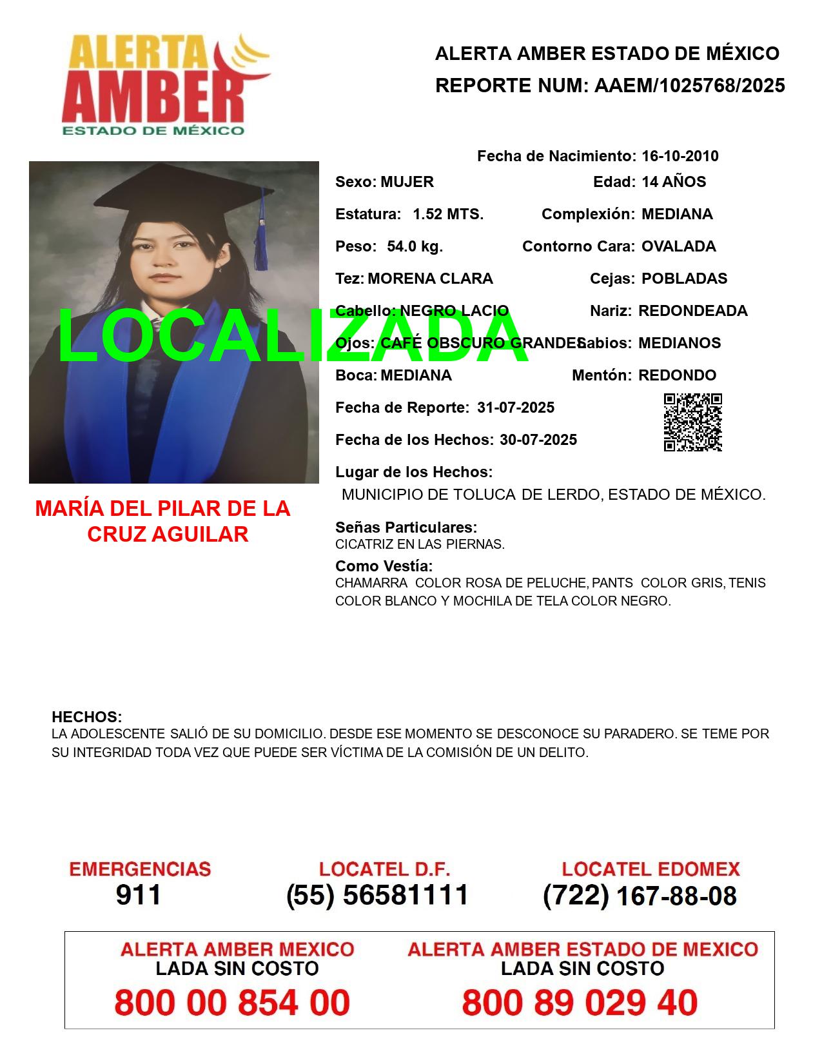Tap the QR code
click(692, 422)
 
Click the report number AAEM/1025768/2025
click(689, 86)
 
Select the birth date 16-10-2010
click(680, 156)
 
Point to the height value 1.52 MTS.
click(448, 214)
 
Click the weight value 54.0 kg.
click(415, 246)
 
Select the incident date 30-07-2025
click(538, 440)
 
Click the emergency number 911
click(139, 895)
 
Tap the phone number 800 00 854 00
click(232, 1003)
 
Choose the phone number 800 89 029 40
click(580, 1003)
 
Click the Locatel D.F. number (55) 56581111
click(378, 895)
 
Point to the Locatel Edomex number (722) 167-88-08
click(640, 896)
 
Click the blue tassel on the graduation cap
click(261, 242)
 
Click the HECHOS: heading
click(86, 717)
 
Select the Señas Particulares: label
click(406, 527)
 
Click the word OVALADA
click(678, 246)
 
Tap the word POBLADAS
click(684, 279)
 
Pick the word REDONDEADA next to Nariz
click(692, 311)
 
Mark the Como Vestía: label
click(384, 566)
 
